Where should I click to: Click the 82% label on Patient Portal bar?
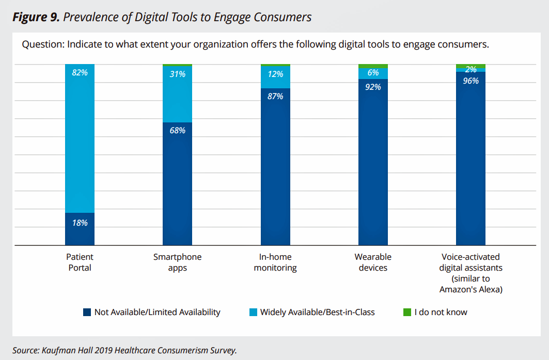tap(80, 73)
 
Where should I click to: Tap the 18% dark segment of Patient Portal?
tap(80, 229)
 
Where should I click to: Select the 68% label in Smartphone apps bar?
tap(177, 131)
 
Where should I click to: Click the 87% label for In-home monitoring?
tap(275, 96)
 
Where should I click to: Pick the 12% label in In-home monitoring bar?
tap(275, 74)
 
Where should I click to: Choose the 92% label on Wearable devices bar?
tap(373, 87)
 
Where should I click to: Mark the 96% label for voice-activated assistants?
tap(470, 81)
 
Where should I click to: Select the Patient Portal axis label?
tap(80, 262)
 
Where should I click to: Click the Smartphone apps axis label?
tap(177, 262)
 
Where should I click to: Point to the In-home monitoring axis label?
tap(275, 262)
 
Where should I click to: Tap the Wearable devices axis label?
tap(373, 262)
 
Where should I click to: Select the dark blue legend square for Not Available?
tap(86, 312)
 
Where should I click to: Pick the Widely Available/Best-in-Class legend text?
tap(317, 312)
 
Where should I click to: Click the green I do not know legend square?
tap(407, 312)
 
